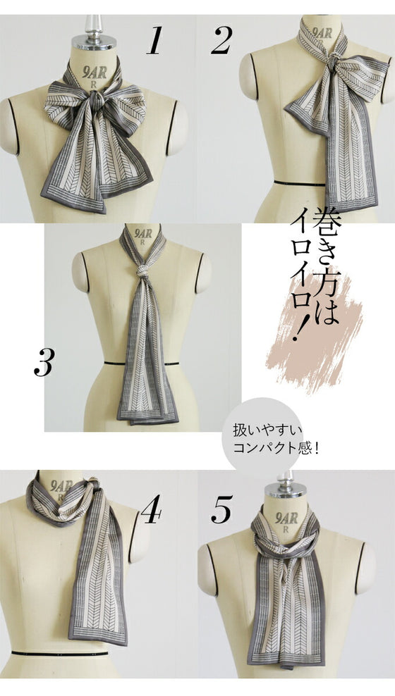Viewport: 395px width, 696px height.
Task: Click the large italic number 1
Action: [x=154, y=41]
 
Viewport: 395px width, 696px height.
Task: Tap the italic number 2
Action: [x=221, y=41]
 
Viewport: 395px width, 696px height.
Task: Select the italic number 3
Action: [x=44, y=362]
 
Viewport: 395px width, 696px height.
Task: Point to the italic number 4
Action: [x=151, y=509]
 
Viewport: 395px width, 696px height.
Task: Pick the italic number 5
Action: [x=221, y=509]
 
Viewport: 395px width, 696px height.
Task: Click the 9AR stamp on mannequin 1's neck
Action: [x=95, y=73]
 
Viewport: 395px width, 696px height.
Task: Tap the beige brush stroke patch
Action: [x=315, y=333]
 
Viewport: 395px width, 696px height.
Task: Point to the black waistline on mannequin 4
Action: [x=60, y=654]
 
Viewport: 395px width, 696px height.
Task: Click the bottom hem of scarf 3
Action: [x=148, y=418]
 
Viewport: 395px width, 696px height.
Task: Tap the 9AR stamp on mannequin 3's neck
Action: [x=143, y=234]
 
